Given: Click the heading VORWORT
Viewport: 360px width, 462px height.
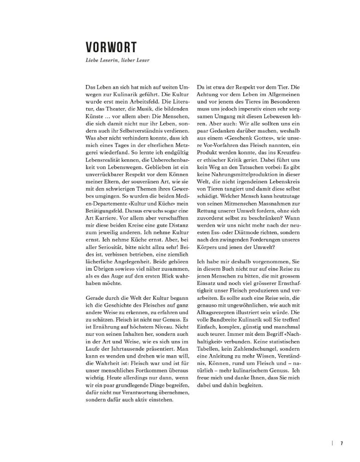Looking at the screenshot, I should point(111,48).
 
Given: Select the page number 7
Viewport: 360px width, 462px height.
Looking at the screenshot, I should point(342,443).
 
